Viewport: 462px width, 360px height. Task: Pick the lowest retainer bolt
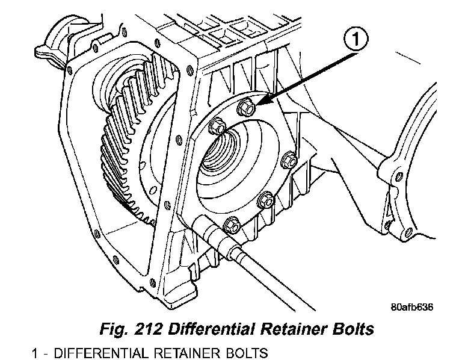pyautogui.click(x=230, y=225)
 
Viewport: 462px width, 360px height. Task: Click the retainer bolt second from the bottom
pyautogui.click(x=264, y=200)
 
